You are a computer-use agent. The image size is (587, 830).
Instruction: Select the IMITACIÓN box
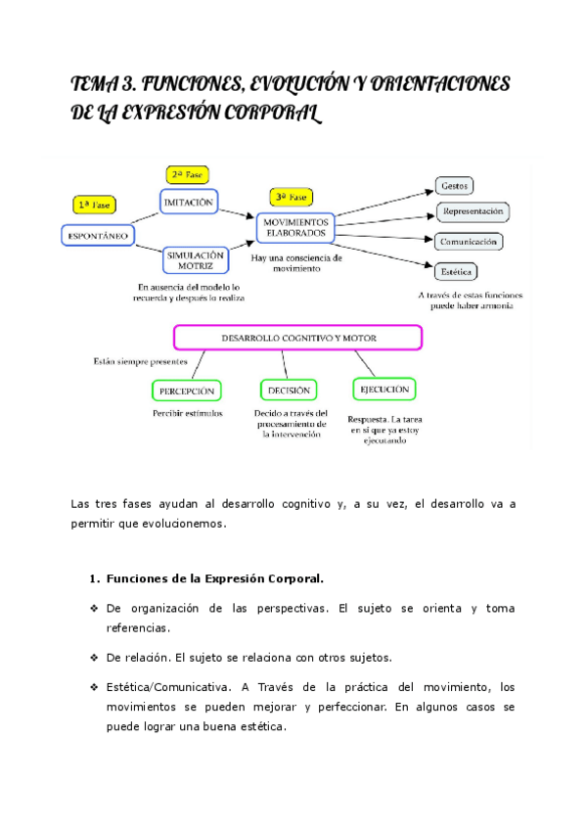point(187,202)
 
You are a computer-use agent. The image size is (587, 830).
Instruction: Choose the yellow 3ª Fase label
point(292,197)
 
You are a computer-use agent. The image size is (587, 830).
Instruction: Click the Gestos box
point(455,185)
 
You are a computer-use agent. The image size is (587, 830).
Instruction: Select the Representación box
point(473,210)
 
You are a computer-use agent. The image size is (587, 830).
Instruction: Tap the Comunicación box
point(469,241)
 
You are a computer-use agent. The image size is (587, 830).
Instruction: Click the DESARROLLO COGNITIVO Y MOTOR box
point(297,338)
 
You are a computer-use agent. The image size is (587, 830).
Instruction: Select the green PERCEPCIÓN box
point(186,392)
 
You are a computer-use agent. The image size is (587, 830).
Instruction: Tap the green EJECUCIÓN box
point(384,390)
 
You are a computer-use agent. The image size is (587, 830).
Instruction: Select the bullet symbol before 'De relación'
point(91,657)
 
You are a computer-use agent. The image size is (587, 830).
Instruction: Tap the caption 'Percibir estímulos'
point(187,413)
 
